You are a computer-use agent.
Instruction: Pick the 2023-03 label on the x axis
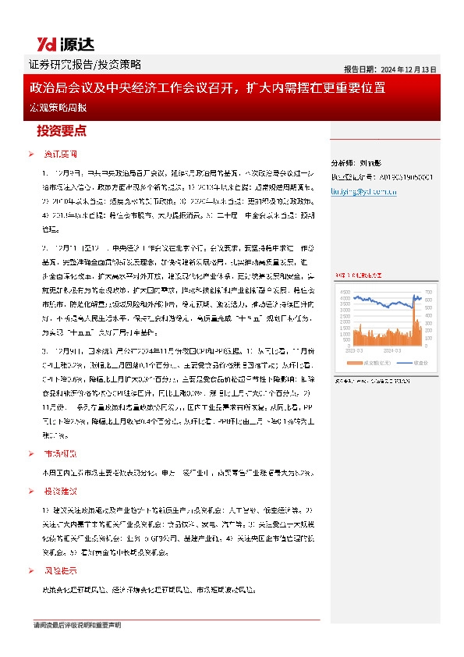click(354, 351)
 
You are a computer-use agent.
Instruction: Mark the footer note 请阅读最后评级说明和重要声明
click(77, 627)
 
